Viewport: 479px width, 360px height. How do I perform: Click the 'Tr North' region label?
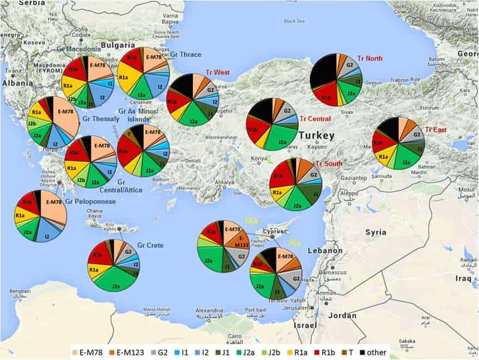click(370, 59)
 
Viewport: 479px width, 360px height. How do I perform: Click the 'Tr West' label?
click(217, 72)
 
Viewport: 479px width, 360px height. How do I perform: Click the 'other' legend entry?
click(375, 352)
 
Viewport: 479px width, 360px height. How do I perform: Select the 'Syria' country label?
click(376, 232)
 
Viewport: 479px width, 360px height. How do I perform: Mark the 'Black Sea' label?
click(294, 21)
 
